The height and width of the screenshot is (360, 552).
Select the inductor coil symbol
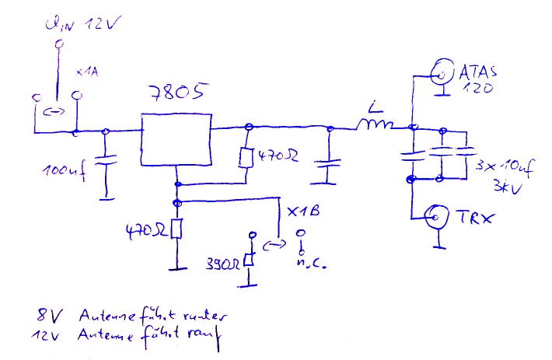pyautogui.click(x=376, y=124)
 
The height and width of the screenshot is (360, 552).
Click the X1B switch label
pyautogui.click(x=304, y=211)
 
